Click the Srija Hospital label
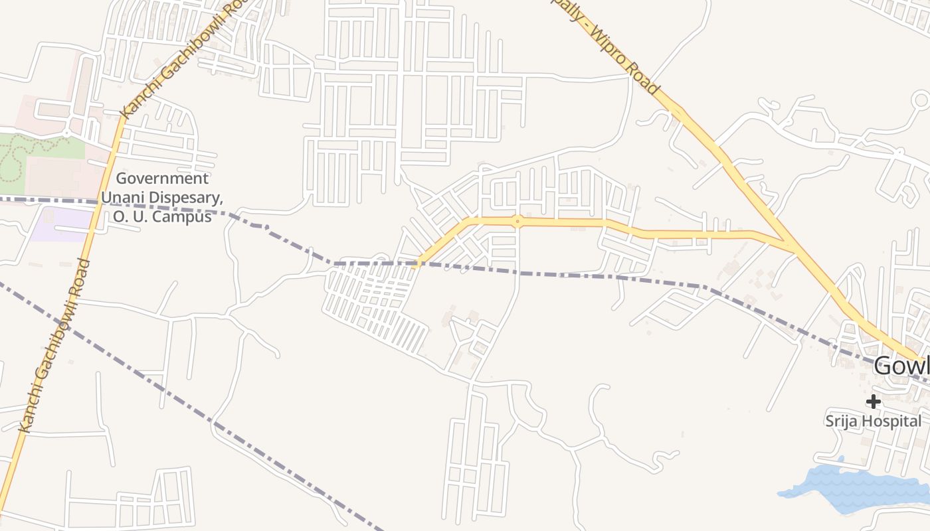[873, 421]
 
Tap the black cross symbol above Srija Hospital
[873, 401]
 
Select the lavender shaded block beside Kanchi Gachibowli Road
[60, 224]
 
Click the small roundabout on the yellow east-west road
[517, 220]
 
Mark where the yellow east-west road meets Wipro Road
[790, 246]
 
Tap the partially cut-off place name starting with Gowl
[901, 366]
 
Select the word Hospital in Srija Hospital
[891, 421]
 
